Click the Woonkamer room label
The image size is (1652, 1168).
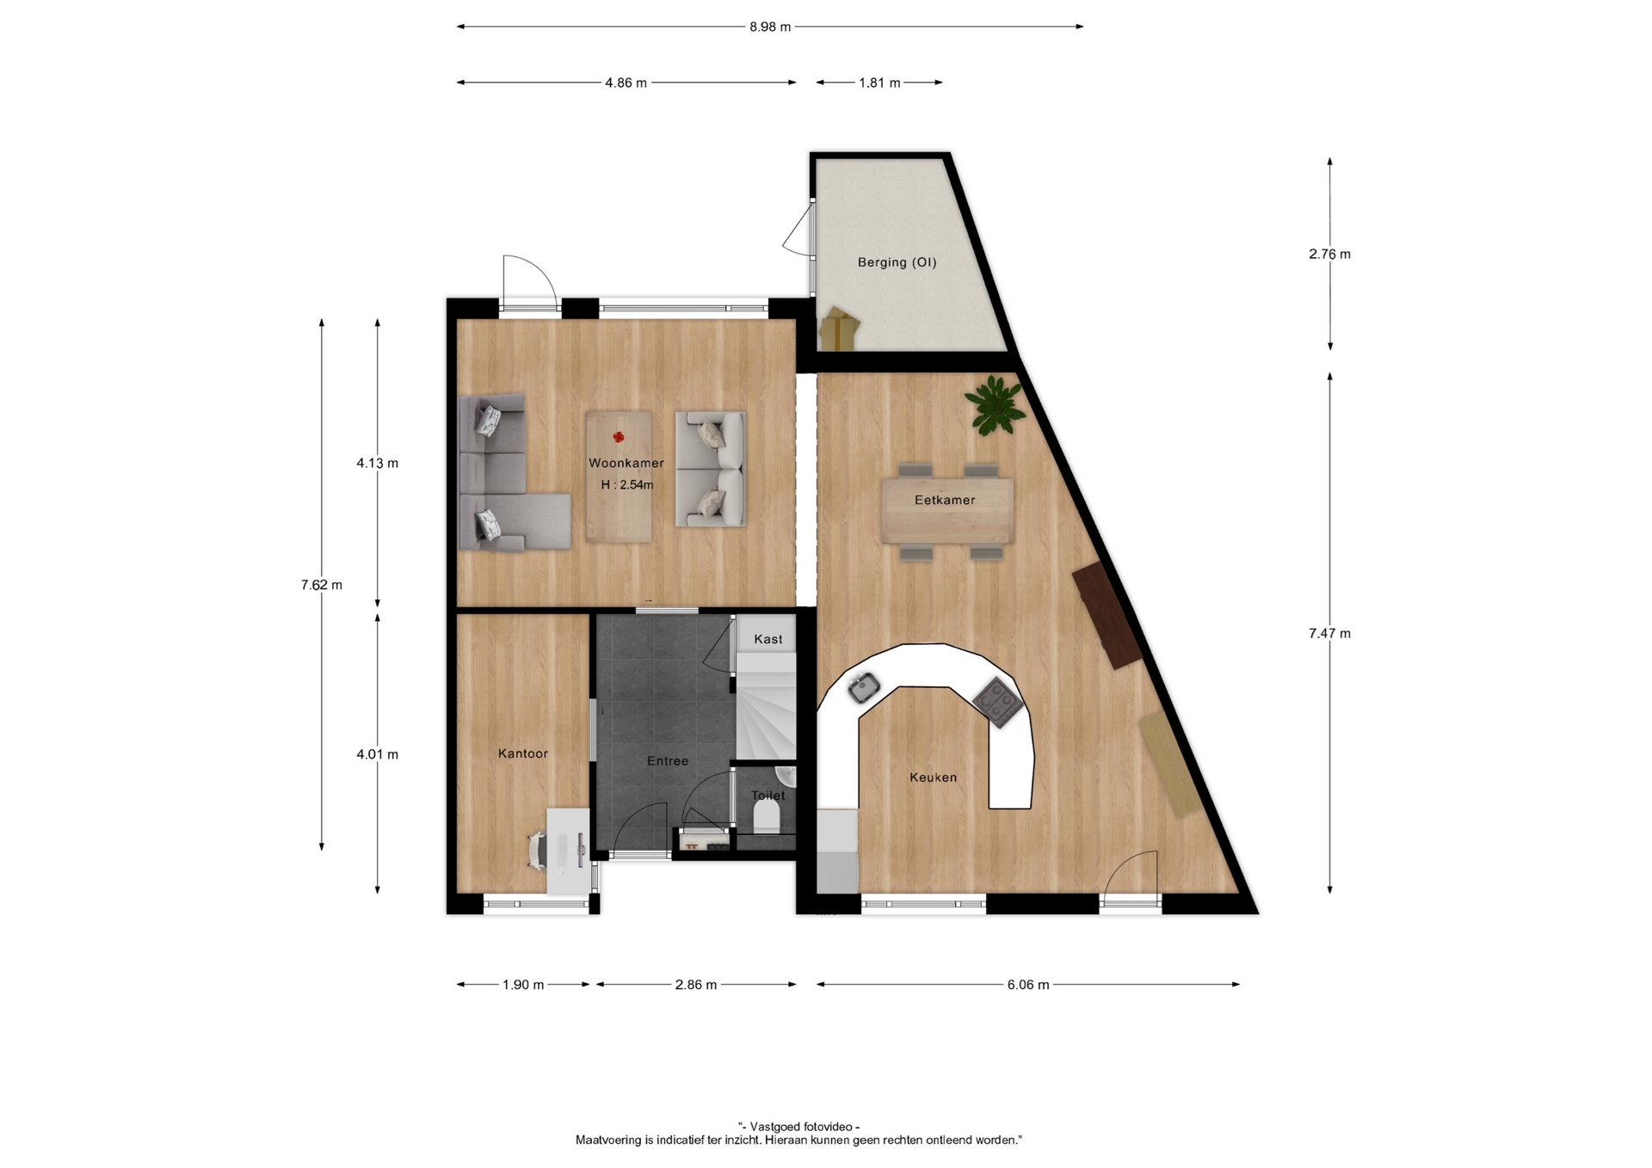coord(626,463)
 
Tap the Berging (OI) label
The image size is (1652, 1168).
coord(897,262)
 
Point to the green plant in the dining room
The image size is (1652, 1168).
coord(996,404)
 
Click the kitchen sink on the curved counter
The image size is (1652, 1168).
coord(863,687)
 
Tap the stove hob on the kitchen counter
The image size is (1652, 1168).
coord(998,702)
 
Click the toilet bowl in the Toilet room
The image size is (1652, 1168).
coord(766,816)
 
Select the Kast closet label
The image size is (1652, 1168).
coord(768,639)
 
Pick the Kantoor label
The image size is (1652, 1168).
coord(523,753)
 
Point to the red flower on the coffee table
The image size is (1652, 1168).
coord(619,438)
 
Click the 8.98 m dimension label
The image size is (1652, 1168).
coord(770,27)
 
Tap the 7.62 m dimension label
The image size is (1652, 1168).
coord(322,585)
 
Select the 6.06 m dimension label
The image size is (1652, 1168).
coord(1028,985)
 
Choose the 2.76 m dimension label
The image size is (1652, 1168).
coord(1330,254)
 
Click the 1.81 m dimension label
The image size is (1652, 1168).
coord(879,83)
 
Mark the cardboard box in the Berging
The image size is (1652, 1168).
coord(840,329)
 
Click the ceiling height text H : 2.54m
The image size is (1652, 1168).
coord(627,485)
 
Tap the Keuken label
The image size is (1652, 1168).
coord(934,778)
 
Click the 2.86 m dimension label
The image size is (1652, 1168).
coord(696,985)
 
